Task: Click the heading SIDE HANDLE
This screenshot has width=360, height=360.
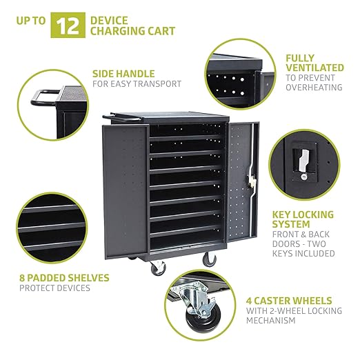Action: tap(124, 72)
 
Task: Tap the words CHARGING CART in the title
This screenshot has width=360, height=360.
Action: tap(132, 31)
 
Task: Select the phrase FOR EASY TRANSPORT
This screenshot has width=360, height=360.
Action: tap(137, 84)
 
